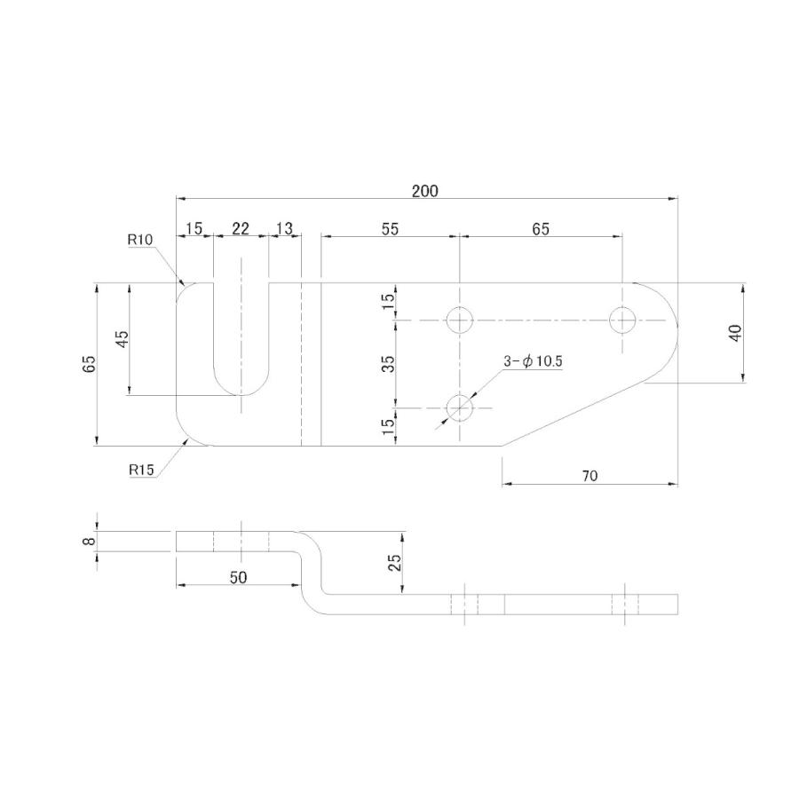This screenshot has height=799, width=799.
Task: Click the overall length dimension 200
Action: pos(424,191)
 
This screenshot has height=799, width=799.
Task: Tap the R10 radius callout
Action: pos(140,240)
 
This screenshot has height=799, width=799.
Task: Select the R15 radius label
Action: pos(141,470)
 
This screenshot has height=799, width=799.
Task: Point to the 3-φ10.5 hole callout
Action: pos(533,361)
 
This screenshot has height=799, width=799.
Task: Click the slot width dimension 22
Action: pos(241,229)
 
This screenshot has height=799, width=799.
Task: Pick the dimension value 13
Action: pos(284,229)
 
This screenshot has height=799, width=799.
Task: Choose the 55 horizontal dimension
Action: pos(390,229)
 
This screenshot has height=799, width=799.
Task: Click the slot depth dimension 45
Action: pos(123,339)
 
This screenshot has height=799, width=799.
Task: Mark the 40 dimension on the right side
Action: pos(735,333)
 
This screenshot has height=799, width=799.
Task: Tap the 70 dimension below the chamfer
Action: pos(589,476)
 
